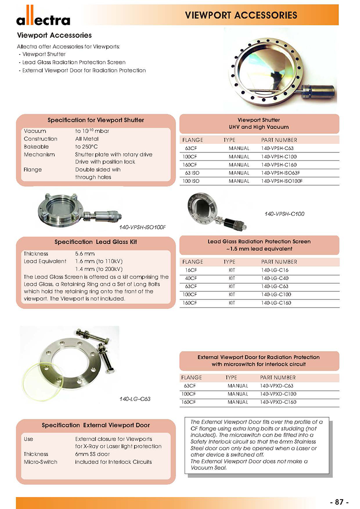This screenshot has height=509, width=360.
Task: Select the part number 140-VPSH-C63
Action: pyautogui.click(x=277, y=148)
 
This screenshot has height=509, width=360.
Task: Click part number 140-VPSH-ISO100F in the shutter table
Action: pyautogui.click(x=282, y=181)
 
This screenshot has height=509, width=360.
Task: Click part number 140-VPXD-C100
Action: pyautogui.click(x=278, y=394)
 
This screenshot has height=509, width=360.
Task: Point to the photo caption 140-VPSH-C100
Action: pyautogui.click(x=284, y=214)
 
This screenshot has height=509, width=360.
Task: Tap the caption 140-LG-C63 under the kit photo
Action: pyautogui.click(x=135, y=399)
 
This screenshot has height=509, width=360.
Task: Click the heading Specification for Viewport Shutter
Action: pyautogui.click(x=96, y=120)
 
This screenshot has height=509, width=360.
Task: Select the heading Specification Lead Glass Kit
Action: pyautogui.click(x=95, y=242)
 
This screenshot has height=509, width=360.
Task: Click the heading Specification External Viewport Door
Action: pyautogui.click(x=96, y=425)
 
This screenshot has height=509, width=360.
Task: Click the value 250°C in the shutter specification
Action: pyautogui.click(x=85, y=147)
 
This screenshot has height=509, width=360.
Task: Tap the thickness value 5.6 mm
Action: pyautogui.click(x=84, y=253)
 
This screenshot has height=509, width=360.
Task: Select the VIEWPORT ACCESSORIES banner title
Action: pyautogui.click(x=241, y=15)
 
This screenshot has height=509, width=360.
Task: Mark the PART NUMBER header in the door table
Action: pyautogui.click(x=278, y=377)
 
